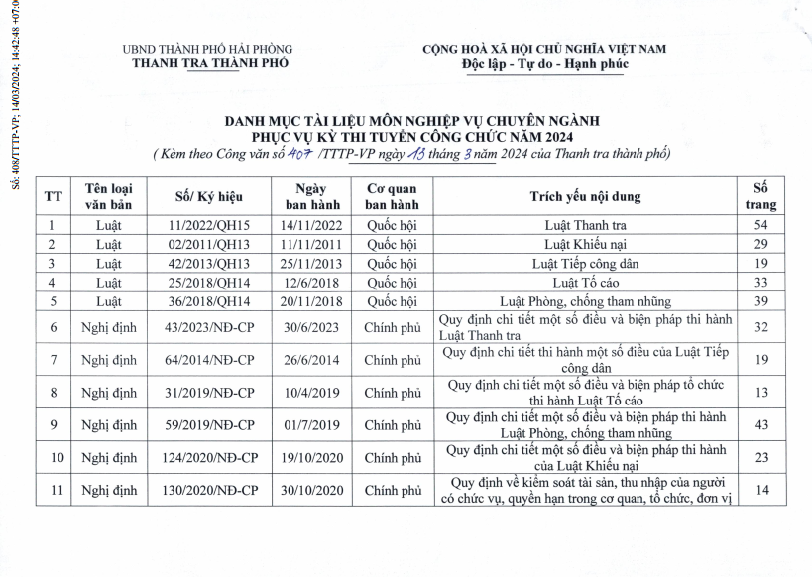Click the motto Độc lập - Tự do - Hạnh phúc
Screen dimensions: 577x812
(544, 64)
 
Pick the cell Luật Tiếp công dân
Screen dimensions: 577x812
(585, 263)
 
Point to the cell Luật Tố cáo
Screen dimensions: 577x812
(585, 282)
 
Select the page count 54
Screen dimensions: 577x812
(760, 225)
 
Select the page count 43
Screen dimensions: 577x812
(760, 425)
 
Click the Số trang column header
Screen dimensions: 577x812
(760, 196)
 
